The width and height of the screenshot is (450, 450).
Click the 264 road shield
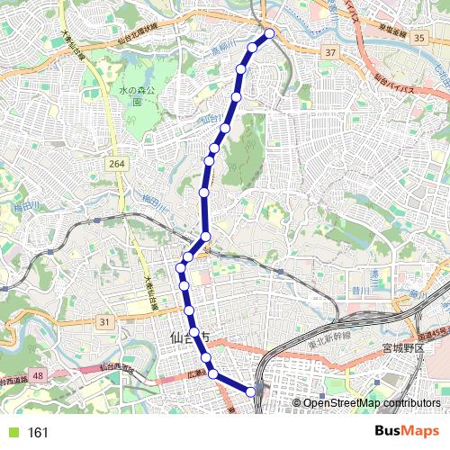tap(115, 164)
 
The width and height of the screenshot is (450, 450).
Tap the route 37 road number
tap(330, 54)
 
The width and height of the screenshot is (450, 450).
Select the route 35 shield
tap(419, 38)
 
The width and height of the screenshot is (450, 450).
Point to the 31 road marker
tap(105, 322)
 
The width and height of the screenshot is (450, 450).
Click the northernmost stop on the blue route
tap(269, 34)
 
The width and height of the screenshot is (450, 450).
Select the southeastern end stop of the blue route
tap(251, 391)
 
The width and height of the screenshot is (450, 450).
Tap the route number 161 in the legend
tap(38, 433)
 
